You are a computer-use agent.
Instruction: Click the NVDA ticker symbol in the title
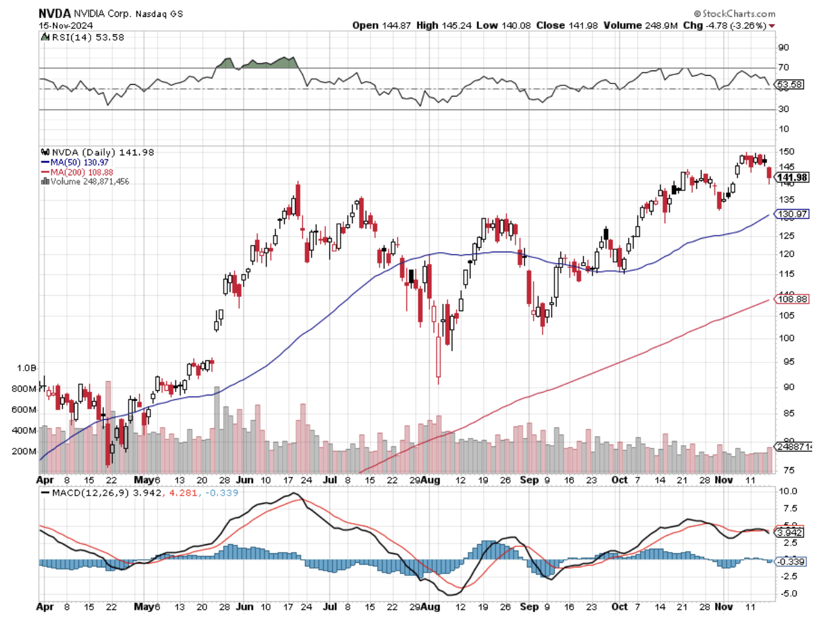point(54,13)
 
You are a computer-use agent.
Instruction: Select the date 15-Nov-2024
point(65,26)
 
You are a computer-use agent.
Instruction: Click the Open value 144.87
point(397,25)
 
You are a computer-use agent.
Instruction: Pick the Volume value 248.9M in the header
point(661,25)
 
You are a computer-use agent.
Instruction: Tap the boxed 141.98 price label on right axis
point(792,177)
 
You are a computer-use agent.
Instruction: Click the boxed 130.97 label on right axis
point(792,214)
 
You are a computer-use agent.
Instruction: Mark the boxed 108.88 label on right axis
point(792,299)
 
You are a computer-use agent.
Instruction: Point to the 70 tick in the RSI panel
point(783,67)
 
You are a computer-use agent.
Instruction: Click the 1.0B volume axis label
point(27,368)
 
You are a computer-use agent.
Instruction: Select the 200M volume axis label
point(24,452)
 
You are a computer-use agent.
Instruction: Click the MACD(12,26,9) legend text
point(91,493)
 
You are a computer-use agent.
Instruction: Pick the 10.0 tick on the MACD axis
point(788,491)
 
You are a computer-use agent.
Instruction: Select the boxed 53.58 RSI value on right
point(790,85)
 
